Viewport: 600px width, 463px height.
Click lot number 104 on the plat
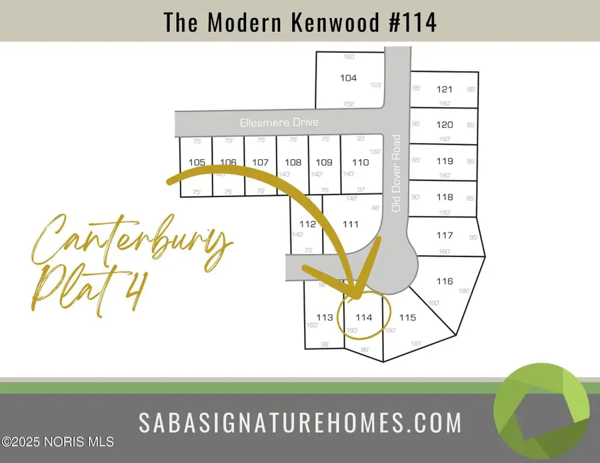(x=348, y=78)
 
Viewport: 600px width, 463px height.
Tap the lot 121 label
(x=445, y=89)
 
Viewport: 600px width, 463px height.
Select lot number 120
(x=445, y=125)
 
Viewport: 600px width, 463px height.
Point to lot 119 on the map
(x=445, y=161)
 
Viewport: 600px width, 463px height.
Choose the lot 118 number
(x=445, y=197)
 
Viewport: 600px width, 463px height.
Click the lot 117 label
(x=445, y=235)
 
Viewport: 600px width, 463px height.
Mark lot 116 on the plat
(x=445, y=281)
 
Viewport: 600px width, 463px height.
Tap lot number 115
(x=407, y=318)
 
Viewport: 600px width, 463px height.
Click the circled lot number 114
(x=363, y=318)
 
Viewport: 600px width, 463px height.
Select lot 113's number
(x=325, y=318)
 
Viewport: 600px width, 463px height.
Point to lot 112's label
(x=307, y=225)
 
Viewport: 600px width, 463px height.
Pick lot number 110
(x=361, y=163)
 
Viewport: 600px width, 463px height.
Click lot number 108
(x=293, y=163)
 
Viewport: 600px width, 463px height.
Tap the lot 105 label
(x=197, y=163)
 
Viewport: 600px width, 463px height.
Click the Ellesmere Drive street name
(x=279, y=123)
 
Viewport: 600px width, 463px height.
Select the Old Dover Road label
(x=397, y=173)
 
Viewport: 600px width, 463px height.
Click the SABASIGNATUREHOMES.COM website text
(x=300, y=422)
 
